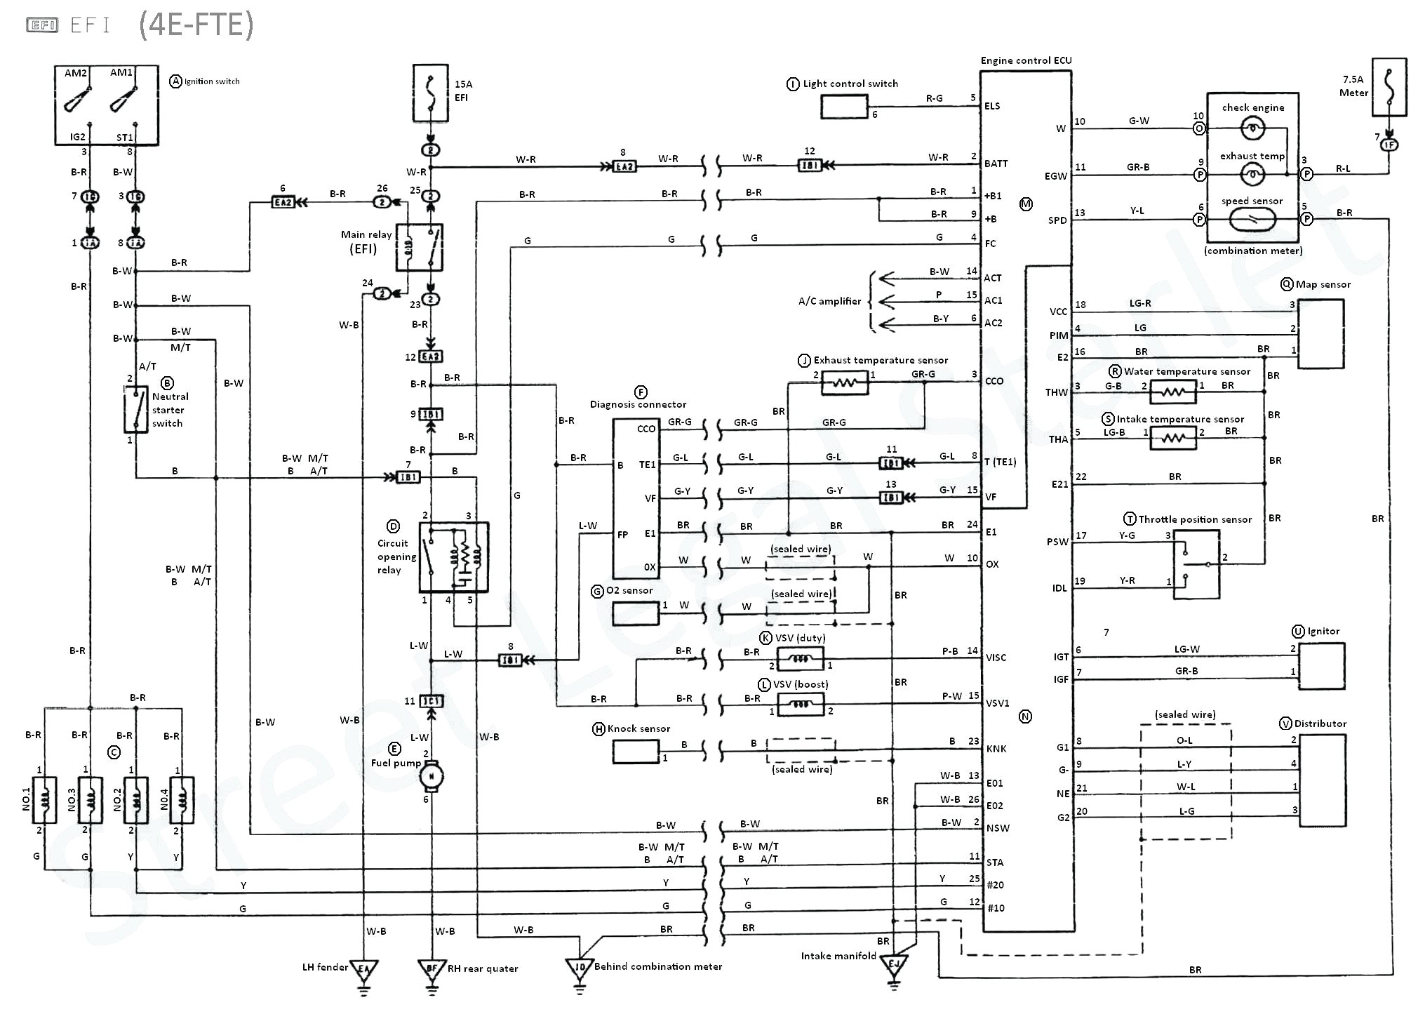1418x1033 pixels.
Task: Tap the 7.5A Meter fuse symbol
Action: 1389,87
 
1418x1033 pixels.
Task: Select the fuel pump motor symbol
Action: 431,775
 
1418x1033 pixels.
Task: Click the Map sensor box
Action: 1320,334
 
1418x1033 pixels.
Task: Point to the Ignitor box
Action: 1321,665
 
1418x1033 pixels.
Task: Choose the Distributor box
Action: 1322,780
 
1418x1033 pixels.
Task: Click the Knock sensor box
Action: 636,752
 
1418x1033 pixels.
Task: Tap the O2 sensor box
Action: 635,613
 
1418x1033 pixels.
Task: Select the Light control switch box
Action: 844,107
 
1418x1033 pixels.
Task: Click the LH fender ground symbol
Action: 363,971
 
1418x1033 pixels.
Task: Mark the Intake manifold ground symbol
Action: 893,966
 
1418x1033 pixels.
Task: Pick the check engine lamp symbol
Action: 1252,128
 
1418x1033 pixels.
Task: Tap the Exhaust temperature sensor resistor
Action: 844,383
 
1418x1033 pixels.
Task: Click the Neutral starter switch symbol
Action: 135,409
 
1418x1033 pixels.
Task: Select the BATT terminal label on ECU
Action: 996,164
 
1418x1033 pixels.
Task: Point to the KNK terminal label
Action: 996,749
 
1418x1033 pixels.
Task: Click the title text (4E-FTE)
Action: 196,25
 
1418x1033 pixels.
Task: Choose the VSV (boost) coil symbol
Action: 801,704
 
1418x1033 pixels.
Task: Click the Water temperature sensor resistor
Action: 1172,392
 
